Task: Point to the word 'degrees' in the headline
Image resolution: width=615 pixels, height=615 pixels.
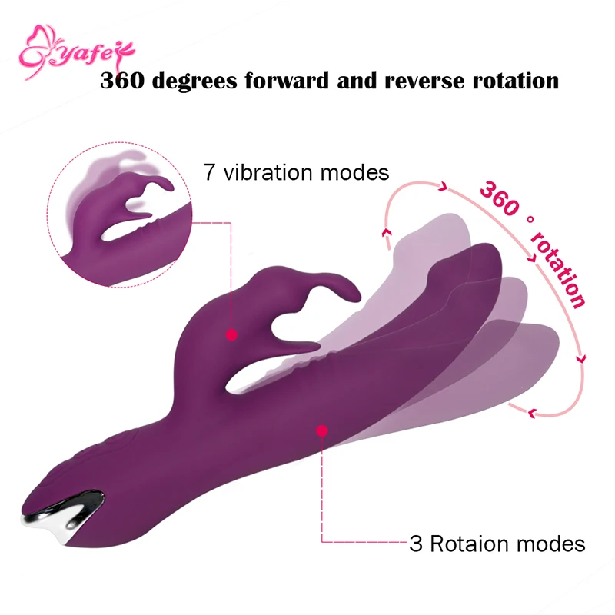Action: [x=195, y=81]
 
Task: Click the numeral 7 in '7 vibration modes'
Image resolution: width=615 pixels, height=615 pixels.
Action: [x=209, y=172]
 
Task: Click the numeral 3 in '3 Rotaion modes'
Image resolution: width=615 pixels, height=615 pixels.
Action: [x=416, y=544]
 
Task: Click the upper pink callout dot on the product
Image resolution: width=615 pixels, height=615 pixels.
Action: [x=229, y=334]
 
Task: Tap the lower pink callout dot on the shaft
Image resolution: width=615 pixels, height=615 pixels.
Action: [x=321, y=431]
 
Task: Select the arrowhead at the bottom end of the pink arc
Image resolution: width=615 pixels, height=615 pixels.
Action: [x=531, y=414]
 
